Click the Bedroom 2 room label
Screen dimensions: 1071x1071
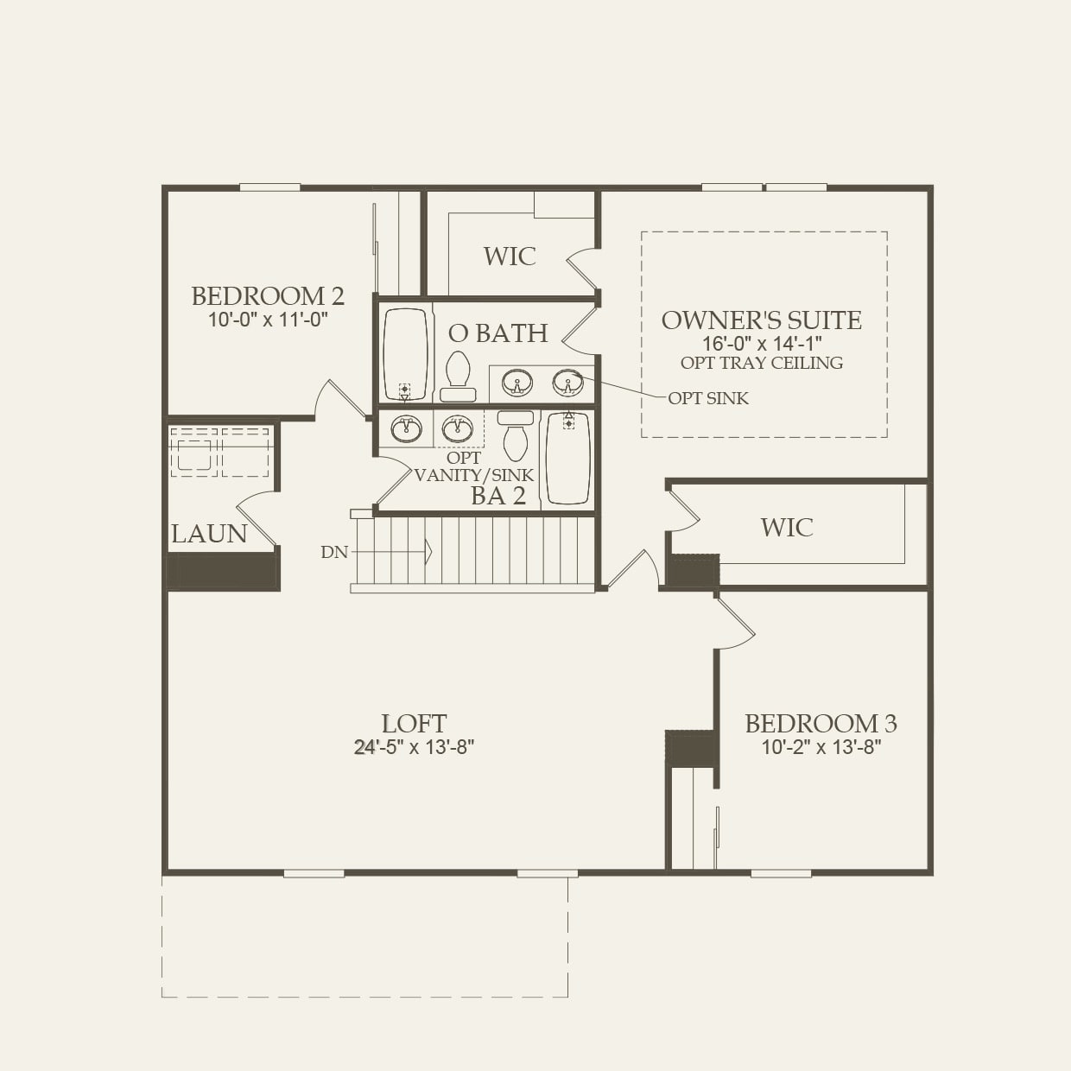268,296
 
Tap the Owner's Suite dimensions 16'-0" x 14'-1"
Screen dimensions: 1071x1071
761,343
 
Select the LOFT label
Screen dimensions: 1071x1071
414,723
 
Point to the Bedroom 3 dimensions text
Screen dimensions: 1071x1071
821,747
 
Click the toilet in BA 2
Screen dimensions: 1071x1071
516,437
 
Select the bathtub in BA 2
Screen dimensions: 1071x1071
567,459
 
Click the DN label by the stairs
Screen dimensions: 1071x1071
334,552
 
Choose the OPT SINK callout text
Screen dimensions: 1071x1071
708,398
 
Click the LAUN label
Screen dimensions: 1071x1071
209,534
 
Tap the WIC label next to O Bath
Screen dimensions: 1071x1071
510,256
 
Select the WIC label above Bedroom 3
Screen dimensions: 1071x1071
787,527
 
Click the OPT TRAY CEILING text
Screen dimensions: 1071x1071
761,363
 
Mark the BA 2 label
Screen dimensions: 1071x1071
498,496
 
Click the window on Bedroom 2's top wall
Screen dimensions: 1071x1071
269,187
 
